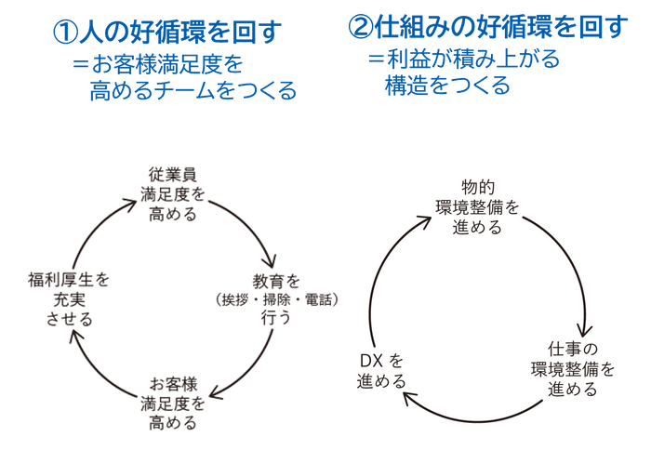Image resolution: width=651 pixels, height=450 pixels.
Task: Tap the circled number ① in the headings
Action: click(x=66, y=33)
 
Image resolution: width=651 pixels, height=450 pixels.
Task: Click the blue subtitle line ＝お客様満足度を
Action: click(x=158, y=67)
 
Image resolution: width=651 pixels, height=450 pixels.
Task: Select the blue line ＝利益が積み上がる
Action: click(x=464, y=60)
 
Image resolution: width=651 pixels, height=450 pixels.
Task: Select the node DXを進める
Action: click(x=382, y=369)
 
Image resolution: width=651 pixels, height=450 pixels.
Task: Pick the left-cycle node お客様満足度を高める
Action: click(x=175, y=396)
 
